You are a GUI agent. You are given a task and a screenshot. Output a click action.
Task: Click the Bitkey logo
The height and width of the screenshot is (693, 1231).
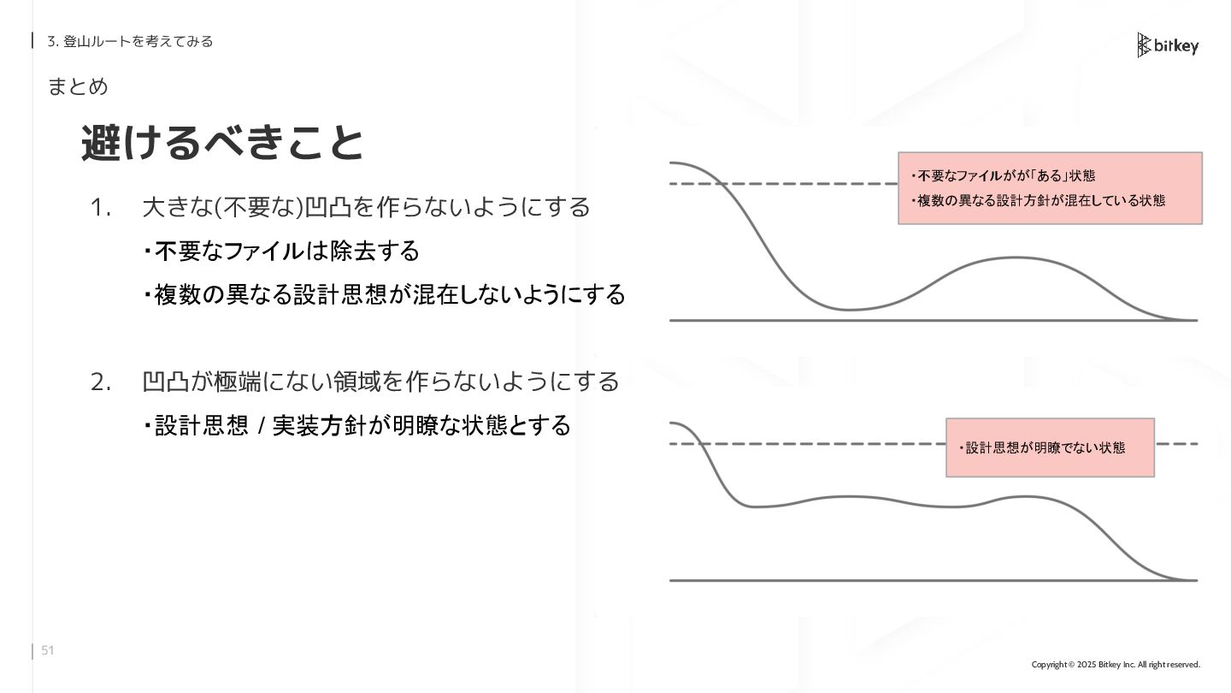tap(1168, 45)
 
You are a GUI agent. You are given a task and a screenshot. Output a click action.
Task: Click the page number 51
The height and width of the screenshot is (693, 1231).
tap(48, 651)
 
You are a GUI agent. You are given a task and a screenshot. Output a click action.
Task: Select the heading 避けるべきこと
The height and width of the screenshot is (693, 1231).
tap(222, 143)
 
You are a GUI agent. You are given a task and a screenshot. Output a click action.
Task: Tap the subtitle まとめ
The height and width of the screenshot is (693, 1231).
tap(78, 86)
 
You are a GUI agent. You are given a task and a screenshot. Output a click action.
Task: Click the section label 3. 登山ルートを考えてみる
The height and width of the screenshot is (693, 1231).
tap(130, 41)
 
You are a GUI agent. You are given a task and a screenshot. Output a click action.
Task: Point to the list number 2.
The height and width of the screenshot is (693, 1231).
tap(101, 382)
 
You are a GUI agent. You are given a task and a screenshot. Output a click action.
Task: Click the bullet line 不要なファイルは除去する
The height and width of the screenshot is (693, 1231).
tap(282, 251)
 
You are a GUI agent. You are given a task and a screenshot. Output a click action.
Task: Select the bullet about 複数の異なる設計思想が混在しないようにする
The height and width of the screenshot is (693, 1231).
tap(385, 295)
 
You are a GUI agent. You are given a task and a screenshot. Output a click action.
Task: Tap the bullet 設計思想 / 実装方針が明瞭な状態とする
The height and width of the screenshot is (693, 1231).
tap(357, 425)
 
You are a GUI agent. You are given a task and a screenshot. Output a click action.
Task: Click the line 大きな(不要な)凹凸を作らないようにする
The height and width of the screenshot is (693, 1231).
tap(366, 207)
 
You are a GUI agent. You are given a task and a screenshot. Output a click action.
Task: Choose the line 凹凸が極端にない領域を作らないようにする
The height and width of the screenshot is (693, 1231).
tap(380, 382)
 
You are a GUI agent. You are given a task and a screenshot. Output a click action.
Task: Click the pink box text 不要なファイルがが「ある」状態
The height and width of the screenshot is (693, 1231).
tap(1003, 176)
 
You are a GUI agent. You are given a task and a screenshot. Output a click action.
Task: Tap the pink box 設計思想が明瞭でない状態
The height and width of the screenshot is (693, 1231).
tap(1050, 447)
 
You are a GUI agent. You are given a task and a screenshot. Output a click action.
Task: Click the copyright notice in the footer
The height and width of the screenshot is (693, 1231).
tap(1116, 665)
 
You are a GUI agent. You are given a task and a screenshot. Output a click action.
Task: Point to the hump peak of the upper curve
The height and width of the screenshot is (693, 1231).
tap(1016, 258)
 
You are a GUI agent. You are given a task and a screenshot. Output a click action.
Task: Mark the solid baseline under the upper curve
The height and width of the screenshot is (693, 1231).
tap(932, 321)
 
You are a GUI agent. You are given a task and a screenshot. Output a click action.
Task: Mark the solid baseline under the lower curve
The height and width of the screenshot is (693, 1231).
tap(932, 581)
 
